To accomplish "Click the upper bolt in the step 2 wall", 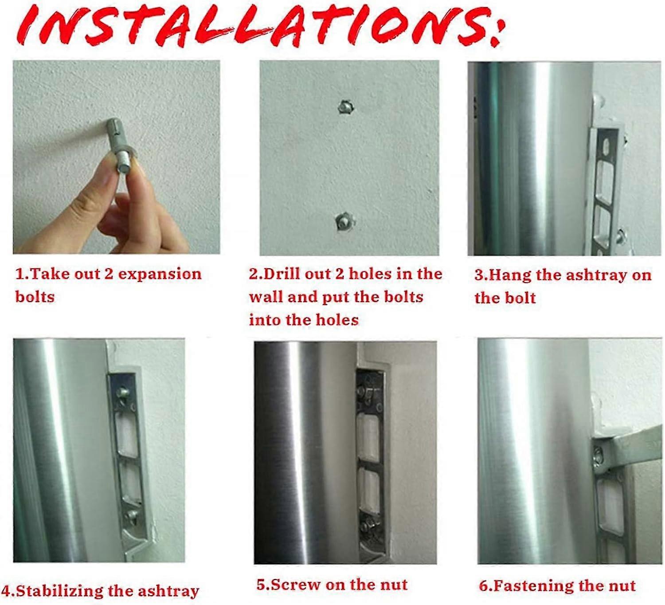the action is [347, 106].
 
